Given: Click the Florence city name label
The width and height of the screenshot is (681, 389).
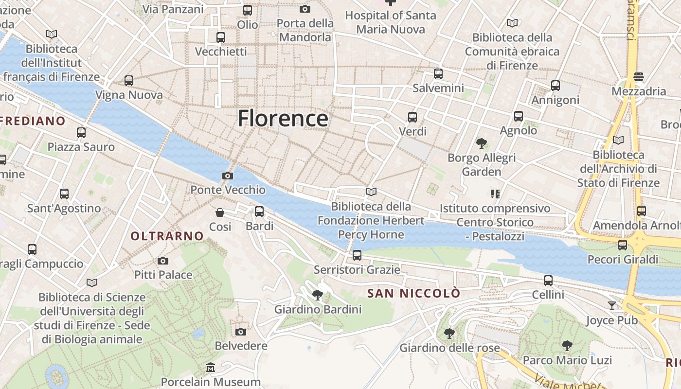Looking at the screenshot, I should pyautogui.click(x=283, y=118).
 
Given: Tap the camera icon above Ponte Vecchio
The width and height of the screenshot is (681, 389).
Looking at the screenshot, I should pyautogui.click(x=227, y=176).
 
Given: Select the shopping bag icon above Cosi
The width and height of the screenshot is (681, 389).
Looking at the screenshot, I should pyautogui.click(x=220, y=212).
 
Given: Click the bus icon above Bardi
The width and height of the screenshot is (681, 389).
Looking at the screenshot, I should pyautogui.click(x=259, y=211).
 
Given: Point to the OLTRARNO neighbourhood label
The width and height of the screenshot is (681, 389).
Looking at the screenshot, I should pyautogui.click(x=167, y=236).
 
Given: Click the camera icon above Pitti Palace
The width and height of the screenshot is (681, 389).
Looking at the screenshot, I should pyautogui.click(x=163, y=261).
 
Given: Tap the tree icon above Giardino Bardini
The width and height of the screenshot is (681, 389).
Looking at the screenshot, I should pyautogui.click(x=318, y=295).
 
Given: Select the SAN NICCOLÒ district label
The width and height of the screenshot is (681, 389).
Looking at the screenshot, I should pyautogui.click(x=413, y=293).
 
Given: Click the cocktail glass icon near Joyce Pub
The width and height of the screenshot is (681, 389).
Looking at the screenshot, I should pyautogui.click(x=612, y=305).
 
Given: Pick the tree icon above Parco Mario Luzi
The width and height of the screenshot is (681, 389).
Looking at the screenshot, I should pyautogui.click(x=567, y=346).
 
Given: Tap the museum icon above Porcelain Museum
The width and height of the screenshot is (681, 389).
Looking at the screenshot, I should pyautogui.click(x=211, y=368).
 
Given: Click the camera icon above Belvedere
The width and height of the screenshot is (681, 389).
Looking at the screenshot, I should pyautogui.click(x=240, y=332).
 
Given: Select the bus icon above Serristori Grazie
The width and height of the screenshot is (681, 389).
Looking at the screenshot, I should pyautogui.click(x=357, y=255).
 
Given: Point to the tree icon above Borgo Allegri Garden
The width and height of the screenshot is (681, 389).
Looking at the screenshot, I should pyautogui.click(x=482, y=143).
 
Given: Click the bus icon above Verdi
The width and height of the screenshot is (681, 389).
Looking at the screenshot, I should pyautogui.click(x=412, y=117).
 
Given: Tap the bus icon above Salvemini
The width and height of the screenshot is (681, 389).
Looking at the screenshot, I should pyautogui.click(x=438, y=74).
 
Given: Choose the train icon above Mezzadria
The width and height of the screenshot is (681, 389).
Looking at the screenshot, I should pyautogui.click(x=639, y=77).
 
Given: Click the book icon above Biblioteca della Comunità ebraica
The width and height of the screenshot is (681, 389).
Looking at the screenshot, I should pyautogui.click(x=512, y=23).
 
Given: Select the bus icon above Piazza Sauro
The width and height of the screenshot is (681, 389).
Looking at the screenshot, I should pyautogui.click(x=81, y=132).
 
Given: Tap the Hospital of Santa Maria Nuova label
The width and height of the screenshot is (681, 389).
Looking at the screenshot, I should pyautogui.click(x=390, y=22).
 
